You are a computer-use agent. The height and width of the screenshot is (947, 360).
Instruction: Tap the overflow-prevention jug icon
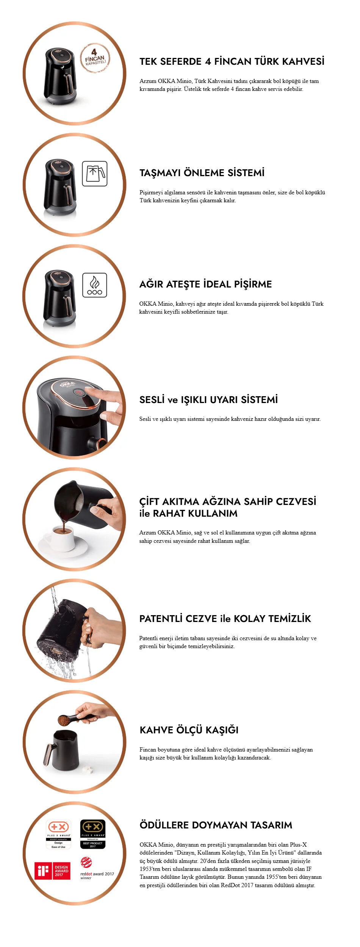point(95,173)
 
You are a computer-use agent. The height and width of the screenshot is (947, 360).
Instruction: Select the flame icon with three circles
point(95,285)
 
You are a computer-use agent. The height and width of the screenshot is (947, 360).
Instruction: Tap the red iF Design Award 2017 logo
point(52,871)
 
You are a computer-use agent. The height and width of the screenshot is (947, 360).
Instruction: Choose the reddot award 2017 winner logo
point(97,868)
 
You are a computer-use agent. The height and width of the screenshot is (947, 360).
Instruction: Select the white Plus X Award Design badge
point(58,834)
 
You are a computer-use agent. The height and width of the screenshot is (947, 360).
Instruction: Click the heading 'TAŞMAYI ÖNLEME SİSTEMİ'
point(202,173)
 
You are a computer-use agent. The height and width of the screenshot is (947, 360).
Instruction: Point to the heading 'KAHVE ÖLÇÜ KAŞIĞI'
point(189,730)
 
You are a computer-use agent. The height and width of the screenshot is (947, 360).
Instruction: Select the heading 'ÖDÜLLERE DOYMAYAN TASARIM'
point(216,825)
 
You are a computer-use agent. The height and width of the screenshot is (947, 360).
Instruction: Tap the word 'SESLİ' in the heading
point(152,400)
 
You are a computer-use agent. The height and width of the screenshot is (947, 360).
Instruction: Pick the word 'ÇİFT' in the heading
point(149,502)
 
